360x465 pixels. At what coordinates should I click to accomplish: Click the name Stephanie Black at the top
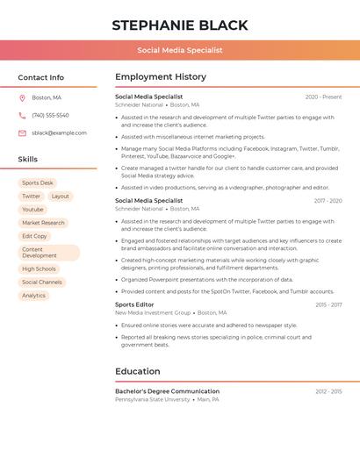tap(180, 25)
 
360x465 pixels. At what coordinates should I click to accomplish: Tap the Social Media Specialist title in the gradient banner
tap(180, 50)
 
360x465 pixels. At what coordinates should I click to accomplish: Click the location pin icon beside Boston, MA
tap(22, 97)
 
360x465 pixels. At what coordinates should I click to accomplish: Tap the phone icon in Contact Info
tap(22, 115)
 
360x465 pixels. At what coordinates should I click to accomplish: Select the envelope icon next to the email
tap(22, 132)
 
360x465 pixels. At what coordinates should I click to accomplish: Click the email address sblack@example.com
tap(59, 132)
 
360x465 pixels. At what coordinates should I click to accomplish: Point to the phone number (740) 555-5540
tap(50, 115)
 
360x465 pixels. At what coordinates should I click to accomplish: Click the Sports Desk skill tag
tap(38, 182)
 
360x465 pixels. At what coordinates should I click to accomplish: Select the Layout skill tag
tap(60, 197)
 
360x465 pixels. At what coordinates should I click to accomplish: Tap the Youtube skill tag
tap(32, 210)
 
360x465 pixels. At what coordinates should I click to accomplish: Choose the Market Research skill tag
tap(43, 223)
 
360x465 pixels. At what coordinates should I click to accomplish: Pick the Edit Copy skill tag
tap(34, 236)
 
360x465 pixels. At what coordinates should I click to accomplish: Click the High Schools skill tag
tap(39, 269)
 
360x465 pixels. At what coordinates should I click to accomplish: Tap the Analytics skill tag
tap(33, 296)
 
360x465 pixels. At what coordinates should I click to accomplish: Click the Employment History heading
tap(161, 77)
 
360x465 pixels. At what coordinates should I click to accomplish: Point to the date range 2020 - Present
tap(323, 97)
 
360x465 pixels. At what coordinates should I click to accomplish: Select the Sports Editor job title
tap(134, 304)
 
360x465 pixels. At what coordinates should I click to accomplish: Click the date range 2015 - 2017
tap(328, 304)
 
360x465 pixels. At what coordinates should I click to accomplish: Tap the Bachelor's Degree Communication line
tap(167, 391)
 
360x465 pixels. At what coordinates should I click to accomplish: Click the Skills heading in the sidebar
tap(28, 159)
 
